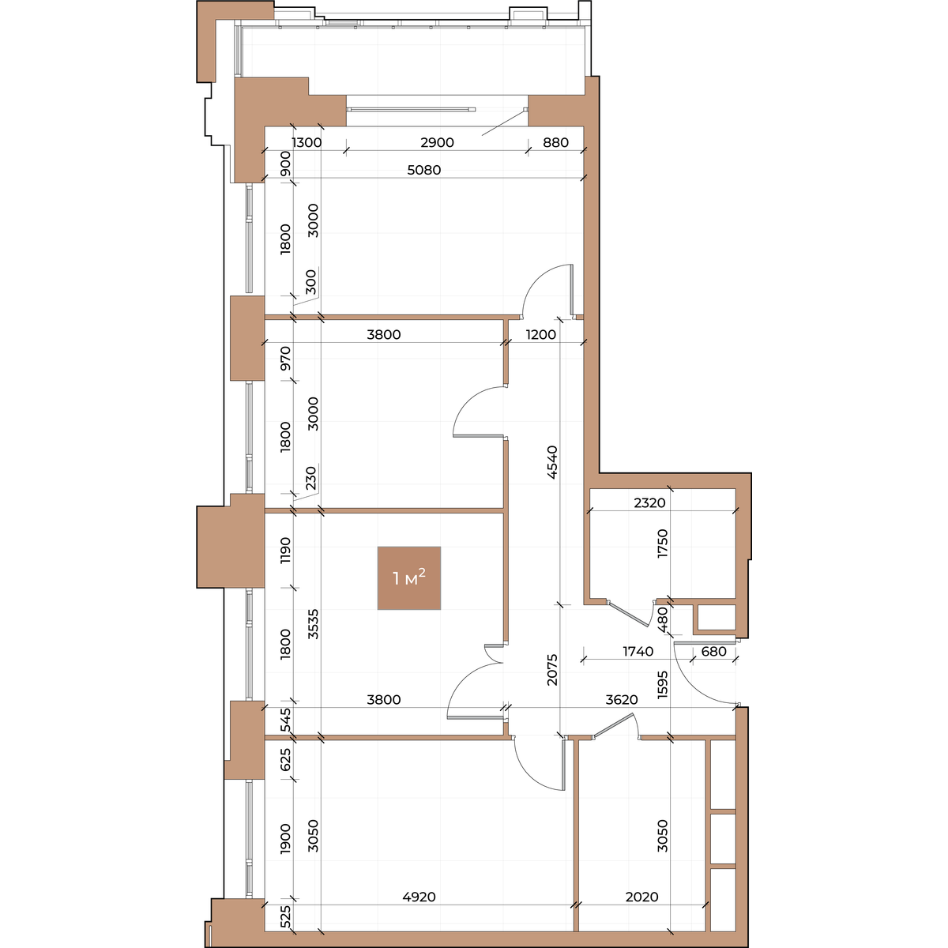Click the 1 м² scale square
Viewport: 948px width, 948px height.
pyautogui.click(x=408, y=578)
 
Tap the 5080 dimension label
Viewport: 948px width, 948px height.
pyautogui.click(x=424, y=170)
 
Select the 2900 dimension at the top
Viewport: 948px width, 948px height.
pyautogui.click(x=437, y=142)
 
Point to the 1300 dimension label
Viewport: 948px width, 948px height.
pyautogui.click(x=307, y=142)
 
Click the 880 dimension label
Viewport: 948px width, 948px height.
pyautogui.click(x=555, y=142)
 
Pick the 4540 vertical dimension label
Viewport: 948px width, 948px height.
pyautogui.click(x=552, y=462)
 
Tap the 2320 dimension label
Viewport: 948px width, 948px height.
pyautogui.click(x=649, y=502)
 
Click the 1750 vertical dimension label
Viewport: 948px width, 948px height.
pyautogui.click(x=663, y=543)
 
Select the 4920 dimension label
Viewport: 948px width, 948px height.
pyautogui.click(x=419, y=897)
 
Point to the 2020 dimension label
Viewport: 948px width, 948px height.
pyautogui.click(x=641, y=897)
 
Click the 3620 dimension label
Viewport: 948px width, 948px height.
pyautogui.click(x=622, y=700)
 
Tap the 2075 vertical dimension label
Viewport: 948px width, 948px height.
pyautogui.click(x=552, y=670)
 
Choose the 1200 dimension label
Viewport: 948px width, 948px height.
pyautogui.click(x=540, y=334)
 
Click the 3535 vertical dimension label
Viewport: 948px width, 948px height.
pyautogui.click(x=313, y=624)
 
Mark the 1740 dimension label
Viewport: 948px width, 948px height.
pyautogui.click(x=638, y=651)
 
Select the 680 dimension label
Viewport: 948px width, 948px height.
pyautogui.click(x=713, y=651)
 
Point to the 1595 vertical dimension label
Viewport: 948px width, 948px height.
pyautogui.click(x=663, y=685)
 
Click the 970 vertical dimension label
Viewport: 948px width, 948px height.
pyautogui.click(x=285, y=358)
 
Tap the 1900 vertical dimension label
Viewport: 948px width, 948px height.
pyautogui.click(x=285, y=839)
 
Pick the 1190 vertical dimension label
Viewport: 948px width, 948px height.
pyautogui.click(x=285, y=550)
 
